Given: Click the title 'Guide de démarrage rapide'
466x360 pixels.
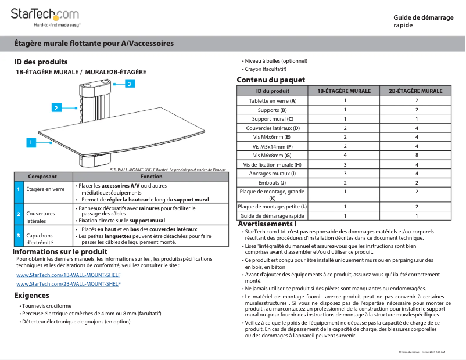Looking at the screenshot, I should point(423,21).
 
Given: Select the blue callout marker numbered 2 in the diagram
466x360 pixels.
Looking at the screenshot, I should point(56,108).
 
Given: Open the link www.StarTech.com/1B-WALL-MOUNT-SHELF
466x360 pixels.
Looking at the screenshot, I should point(69,275).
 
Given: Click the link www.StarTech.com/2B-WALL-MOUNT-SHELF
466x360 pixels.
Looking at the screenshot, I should point(69,284).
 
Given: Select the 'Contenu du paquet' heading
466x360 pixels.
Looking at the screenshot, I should point(270,80).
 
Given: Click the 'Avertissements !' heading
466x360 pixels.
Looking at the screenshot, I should point(267,224).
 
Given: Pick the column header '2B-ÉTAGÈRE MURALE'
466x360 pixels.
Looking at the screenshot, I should point(416,91).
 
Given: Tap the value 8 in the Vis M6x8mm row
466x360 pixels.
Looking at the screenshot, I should point(416,155).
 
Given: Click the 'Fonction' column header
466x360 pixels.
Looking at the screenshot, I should point(152,177).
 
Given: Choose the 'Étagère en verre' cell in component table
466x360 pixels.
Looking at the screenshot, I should point(45,190).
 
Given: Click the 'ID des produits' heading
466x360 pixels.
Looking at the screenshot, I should point(41,62).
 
